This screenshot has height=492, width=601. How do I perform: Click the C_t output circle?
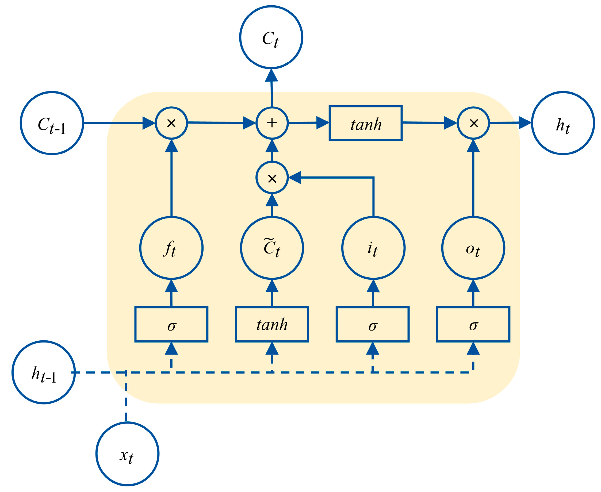point(271,37)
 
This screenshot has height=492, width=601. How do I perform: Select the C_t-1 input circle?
point(52,123)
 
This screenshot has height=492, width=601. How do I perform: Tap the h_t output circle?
point(563,123)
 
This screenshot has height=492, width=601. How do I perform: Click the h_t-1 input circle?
point(44,372)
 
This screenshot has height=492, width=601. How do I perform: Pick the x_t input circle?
point(127,454)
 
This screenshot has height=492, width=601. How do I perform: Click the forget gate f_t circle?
point(171,248)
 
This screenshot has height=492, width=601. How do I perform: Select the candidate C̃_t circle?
point(272,248)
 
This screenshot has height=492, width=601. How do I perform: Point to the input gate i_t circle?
point(373,248)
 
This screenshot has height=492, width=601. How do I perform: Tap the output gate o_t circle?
point(473,248)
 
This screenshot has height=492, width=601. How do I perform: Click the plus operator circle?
point(272,123)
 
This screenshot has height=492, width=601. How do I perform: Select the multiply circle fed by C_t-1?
point(171,123)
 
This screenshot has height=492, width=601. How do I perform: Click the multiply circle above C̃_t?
point(272,178)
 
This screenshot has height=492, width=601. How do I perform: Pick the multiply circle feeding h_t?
point(473,123)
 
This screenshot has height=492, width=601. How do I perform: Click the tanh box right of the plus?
point(365,123)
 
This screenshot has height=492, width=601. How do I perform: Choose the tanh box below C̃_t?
point(272,324)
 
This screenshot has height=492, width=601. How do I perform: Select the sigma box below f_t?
point(171,324)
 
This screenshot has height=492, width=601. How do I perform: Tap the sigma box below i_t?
point(373,324)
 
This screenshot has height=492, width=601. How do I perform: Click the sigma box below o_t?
point(473,324)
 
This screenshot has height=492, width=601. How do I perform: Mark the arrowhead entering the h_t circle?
point(525,123)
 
